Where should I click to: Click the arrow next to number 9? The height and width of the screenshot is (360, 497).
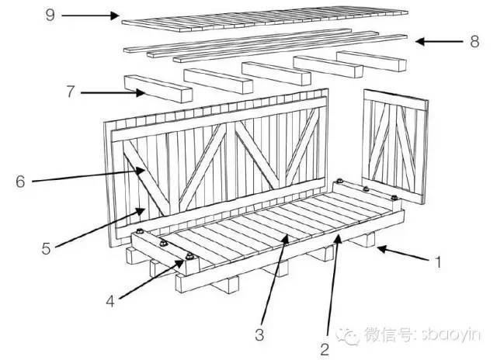pyautogui.click(x=89, y=15)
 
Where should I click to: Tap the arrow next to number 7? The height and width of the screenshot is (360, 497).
pyautogui.click(x=113, y=93)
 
